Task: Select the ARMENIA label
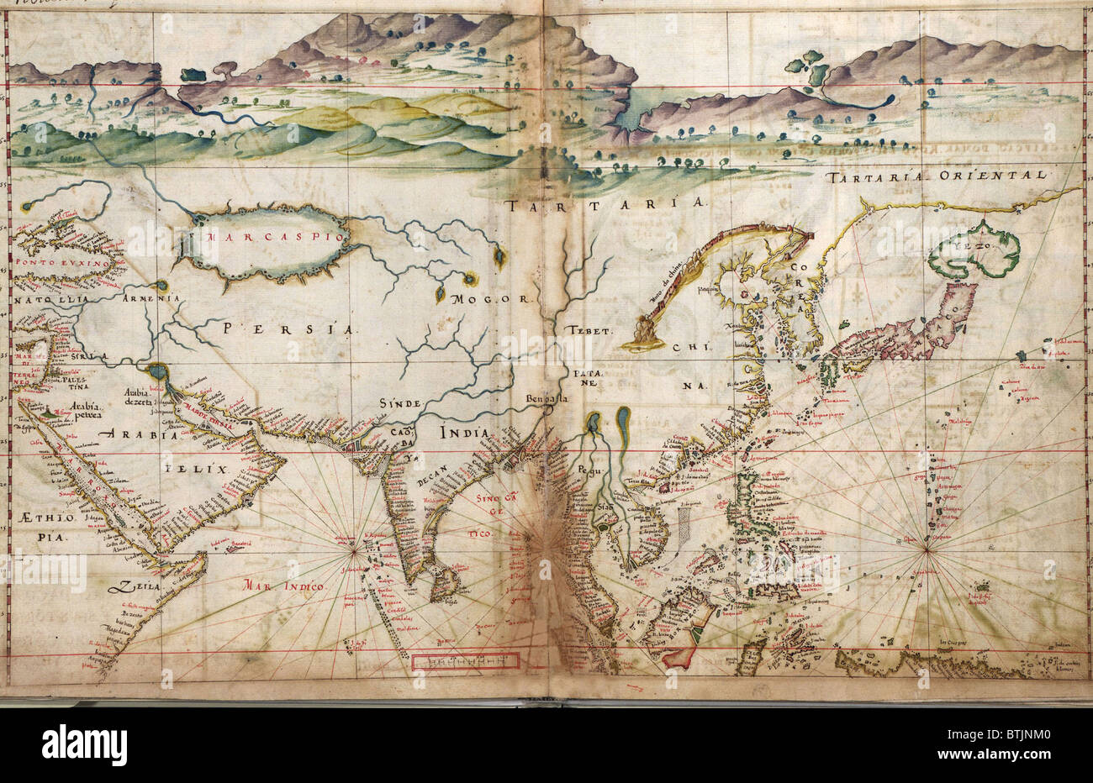tap(150, 298)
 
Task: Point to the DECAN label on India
tap(434, 482)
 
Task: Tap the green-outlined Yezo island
tap(975, 250)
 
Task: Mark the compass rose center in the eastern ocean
tap(926, 550)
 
